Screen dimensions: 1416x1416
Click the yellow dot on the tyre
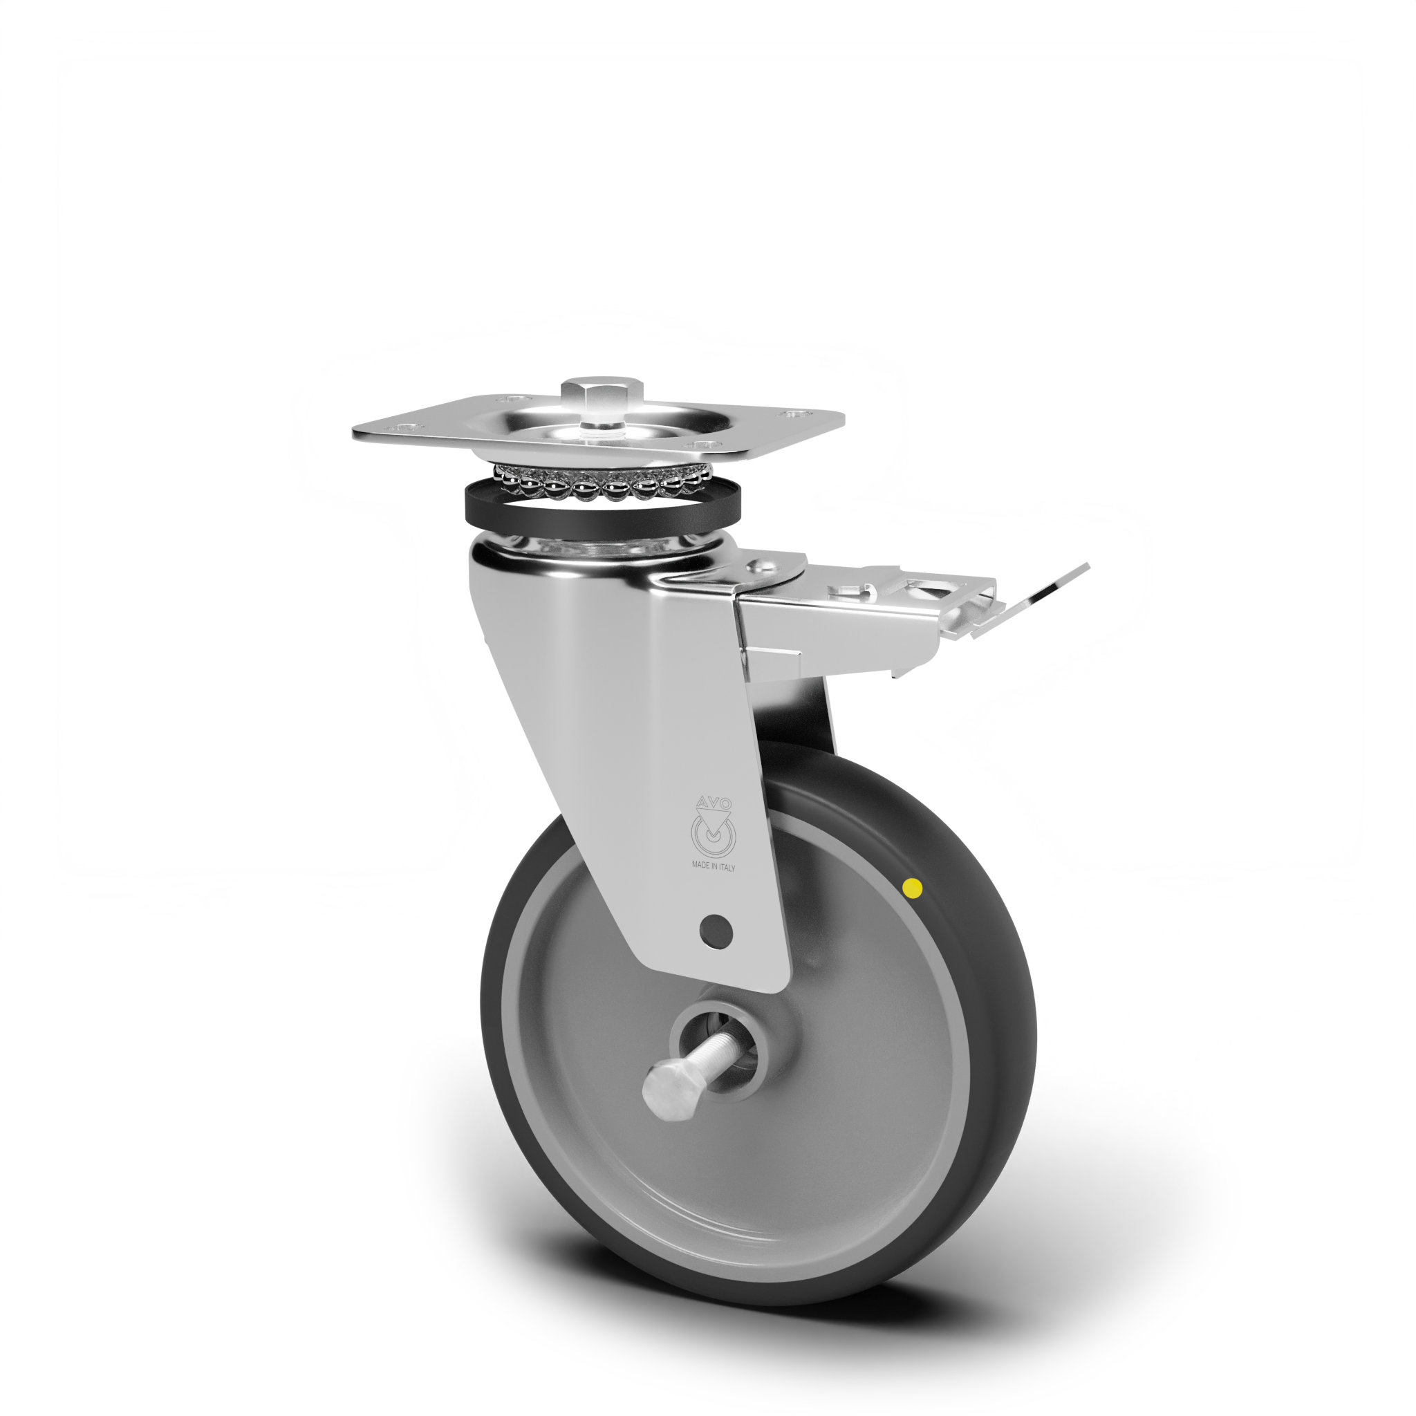pos(913,889)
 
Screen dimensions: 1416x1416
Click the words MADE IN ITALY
pos(713,867)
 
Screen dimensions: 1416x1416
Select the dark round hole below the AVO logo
pos(716,931)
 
